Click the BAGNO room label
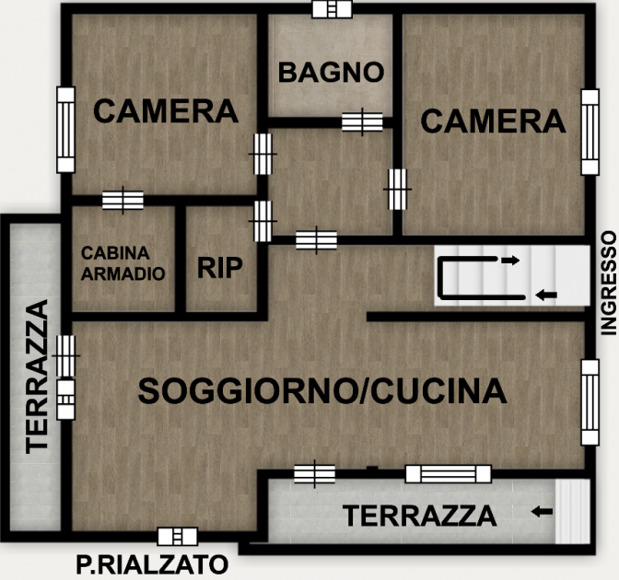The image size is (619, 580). tap(331, 72)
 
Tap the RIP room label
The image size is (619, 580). tap(220, 268)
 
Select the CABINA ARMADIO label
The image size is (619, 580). tap(123, 263)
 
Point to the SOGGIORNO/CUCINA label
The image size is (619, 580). tap(322, 390)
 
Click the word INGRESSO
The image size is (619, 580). tap(608, 284)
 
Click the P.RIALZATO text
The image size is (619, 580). tap(152, 564)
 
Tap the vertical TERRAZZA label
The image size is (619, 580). tap(37, 376)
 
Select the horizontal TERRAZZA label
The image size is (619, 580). tap(420, 516)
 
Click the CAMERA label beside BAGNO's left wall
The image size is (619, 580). tap(166, 110)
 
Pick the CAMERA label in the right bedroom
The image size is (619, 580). tap(493, 121)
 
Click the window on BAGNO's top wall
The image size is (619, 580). tap(332, 8)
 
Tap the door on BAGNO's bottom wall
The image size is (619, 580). tap(362, 122)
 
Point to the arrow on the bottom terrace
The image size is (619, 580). tap(542, 512)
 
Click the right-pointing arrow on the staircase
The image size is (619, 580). tap(510, 260)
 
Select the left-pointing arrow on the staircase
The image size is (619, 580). tap(546, 295)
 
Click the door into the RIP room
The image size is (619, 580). tap(263, 221)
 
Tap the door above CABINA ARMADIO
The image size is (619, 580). tap(123, 200)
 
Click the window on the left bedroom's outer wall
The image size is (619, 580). tap(66, 130)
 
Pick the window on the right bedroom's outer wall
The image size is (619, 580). tap(590, 133)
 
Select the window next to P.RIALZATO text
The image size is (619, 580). tap(178, 537)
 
